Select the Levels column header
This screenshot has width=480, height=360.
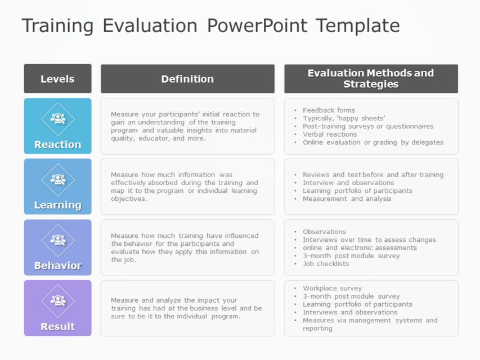click(57, 79)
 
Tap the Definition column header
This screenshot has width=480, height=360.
click(187, 79)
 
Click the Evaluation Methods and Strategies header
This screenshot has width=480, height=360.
click(371, 79)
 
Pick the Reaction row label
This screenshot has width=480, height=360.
click(57, 145)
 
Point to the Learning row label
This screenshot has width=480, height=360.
click(57, 205)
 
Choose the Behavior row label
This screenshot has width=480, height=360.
click(57, 265)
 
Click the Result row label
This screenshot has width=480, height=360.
click(57, 326)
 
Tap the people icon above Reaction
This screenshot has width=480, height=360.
click(58, 119)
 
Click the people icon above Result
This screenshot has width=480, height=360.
click(58, 300)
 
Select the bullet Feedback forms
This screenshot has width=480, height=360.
click(329, 110)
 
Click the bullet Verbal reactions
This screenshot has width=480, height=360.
click(330, 134)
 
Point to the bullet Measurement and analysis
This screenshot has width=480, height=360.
click(347, 199)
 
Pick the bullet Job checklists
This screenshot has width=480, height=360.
click(326, 264)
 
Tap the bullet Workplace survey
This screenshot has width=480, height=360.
click(331, 289)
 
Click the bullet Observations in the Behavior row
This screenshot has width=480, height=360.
click(324, 232)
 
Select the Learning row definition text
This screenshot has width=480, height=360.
click(184, 187)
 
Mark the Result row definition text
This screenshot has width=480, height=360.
click(186, 308)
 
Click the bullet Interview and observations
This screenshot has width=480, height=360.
click(348, 183)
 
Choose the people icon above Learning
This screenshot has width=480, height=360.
click(58, 179)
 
